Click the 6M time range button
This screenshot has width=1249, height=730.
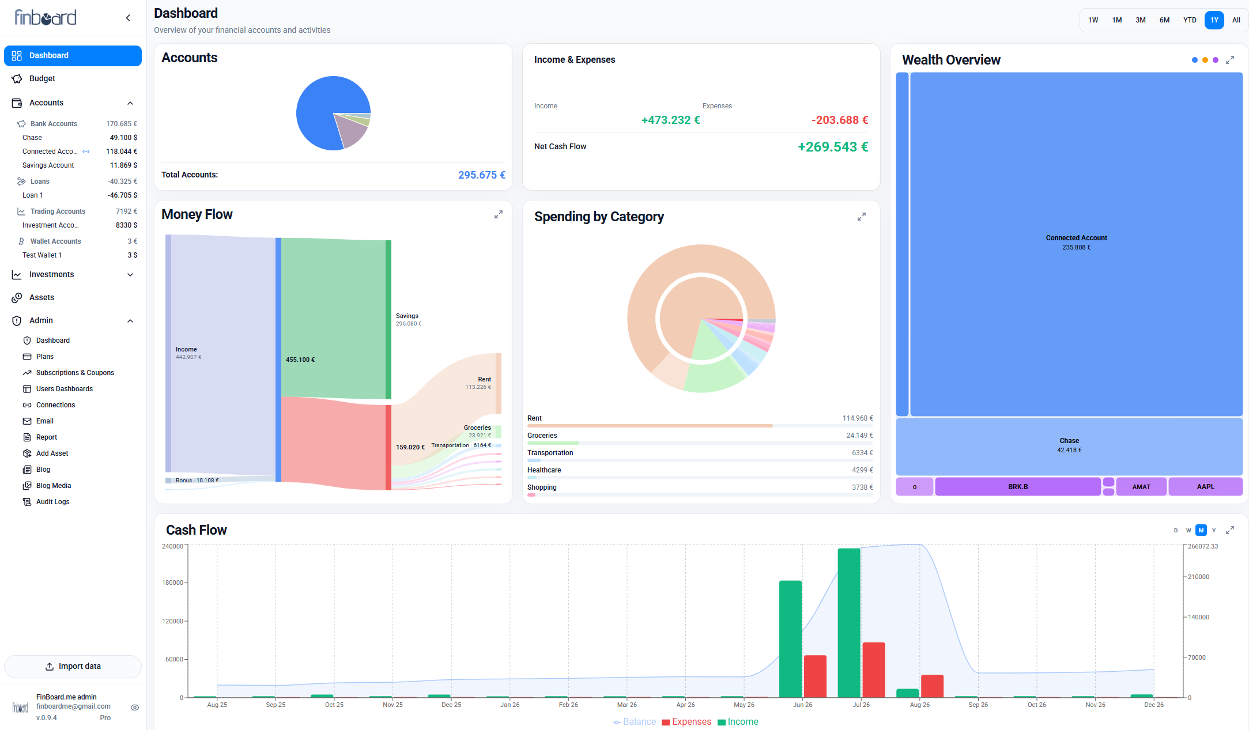(x=1164, y=20)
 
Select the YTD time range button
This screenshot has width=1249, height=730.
(x=1190, y=20)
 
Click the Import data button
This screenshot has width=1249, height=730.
(x=73, y=666)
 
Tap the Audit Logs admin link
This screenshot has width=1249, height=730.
(x=52, y=502)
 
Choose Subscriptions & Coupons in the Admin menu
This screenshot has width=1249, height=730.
(x=75, y=373)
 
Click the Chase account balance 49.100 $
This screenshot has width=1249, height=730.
(x=123, y=138)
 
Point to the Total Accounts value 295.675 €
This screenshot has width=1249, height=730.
(x=481, y=175)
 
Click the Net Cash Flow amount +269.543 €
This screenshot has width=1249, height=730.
(x=833, y=147)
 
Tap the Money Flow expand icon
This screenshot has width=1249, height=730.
(x=499, y=214)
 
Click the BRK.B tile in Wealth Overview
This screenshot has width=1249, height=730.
(x=1018, y=487)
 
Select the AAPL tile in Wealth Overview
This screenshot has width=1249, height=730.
(x=1205, y=487)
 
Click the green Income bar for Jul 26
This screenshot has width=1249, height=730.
(x=849, y=623)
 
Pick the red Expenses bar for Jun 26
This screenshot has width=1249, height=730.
(x=815, y=676)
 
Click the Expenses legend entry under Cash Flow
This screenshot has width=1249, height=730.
(x=686, y=722)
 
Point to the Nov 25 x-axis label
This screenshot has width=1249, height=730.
(x=393, y=705)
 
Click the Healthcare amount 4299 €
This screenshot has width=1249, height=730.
(x=862, y=470)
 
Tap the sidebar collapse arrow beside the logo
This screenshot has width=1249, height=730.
(x=128, y=18)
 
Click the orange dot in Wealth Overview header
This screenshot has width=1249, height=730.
(x=1205, y=60)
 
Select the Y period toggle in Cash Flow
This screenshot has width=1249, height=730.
(x=1213, y=530)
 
